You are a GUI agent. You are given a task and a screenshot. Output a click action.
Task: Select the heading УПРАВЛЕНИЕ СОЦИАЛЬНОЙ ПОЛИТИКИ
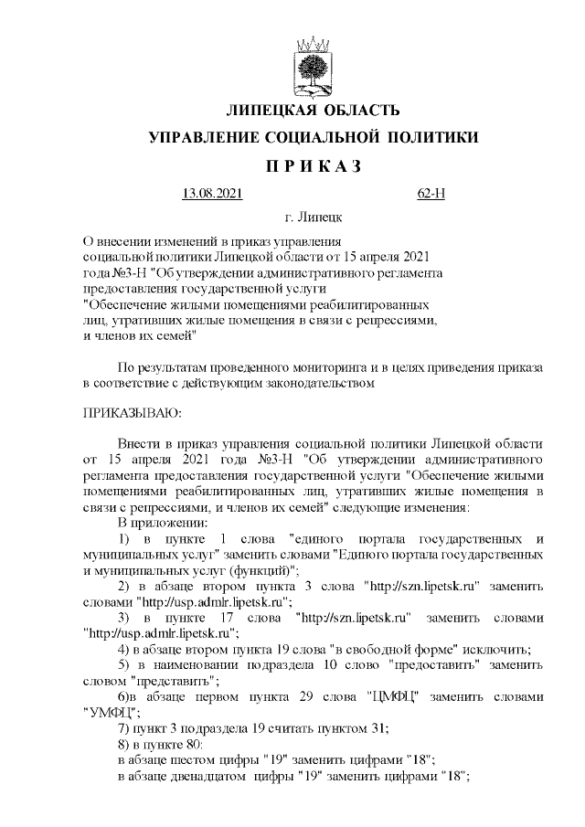[313, 138]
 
